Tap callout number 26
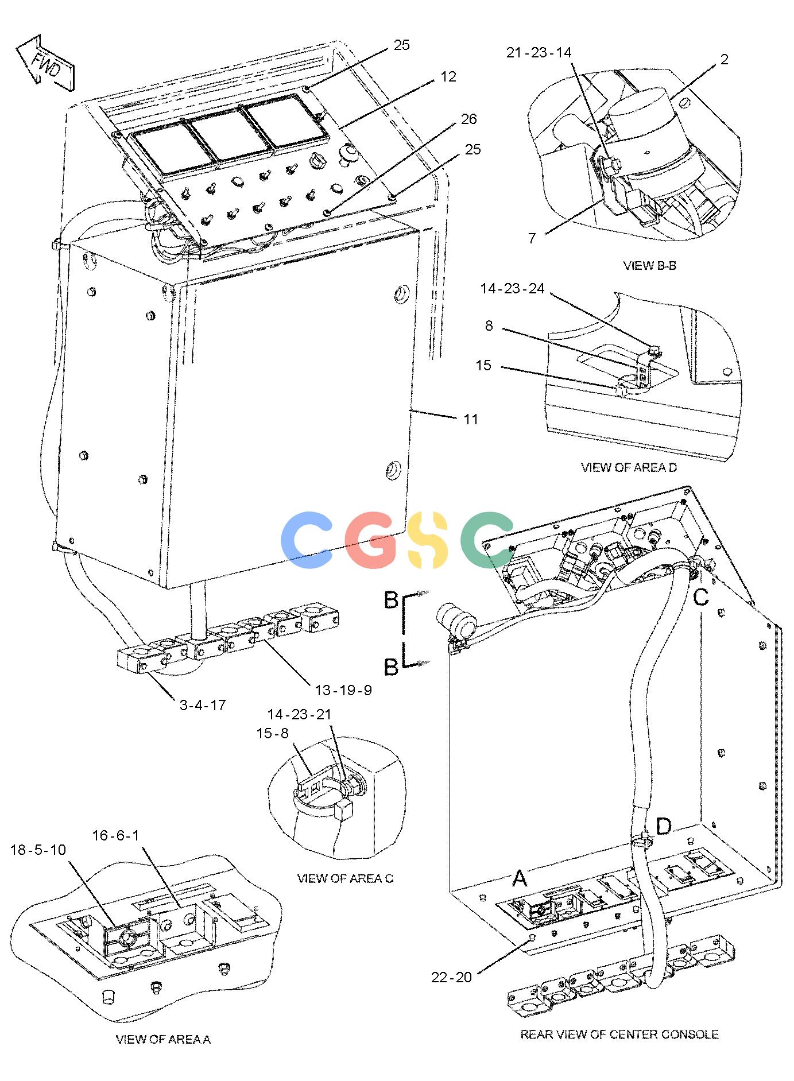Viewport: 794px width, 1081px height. coord(469,119)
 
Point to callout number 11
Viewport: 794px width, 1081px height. coord(471,420)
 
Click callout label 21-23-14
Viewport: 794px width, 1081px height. coord(539,53)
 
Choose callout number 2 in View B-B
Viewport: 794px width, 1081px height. coord(724,59)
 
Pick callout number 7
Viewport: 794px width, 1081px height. coord(532,238)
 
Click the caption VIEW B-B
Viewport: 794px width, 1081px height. coord(649,266)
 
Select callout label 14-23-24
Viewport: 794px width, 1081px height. coord(512,289)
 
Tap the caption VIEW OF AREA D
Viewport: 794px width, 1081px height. coord(629,467)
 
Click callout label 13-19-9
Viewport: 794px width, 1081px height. coord(343,690)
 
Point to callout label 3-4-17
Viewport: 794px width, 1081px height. coord(203,705)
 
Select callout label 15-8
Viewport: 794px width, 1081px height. coord(272,733)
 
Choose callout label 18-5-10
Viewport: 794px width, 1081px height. coord(38,850)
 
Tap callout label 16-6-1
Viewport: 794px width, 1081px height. coord(115,835)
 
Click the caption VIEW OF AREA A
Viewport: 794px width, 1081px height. coord(163,1039)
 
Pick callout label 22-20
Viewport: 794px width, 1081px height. coord(451,977)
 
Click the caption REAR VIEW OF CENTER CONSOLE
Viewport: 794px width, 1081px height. coord(619,1034)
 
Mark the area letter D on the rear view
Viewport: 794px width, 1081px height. coord(663,827)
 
